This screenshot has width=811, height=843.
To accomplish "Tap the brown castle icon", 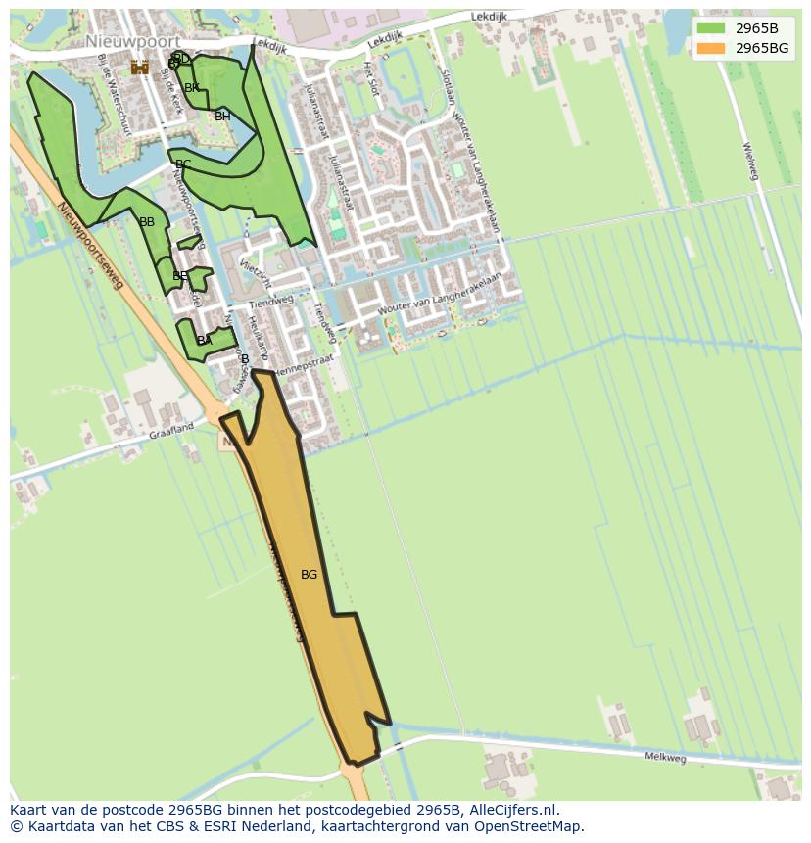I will tap(140, 67).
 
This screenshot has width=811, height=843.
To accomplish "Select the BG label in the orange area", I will tap(309, 575).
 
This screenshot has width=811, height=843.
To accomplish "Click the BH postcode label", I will tap(222, 117).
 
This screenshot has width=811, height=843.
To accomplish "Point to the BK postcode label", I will tap(192, 88).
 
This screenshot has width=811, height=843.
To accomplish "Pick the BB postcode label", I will tap(147, 222).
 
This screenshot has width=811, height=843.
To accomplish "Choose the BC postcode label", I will tap(183, 164).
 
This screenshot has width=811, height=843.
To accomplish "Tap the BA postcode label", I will tap(204, 341).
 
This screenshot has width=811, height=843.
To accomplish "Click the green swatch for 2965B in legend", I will tap(712, 28).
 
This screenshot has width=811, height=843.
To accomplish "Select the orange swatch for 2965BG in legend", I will tap(712, 48).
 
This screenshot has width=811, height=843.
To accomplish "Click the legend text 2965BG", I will tap(762, 48).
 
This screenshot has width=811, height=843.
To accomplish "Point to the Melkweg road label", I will tap(665, 757).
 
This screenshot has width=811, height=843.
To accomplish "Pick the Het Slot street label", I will tap(370, 73).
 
